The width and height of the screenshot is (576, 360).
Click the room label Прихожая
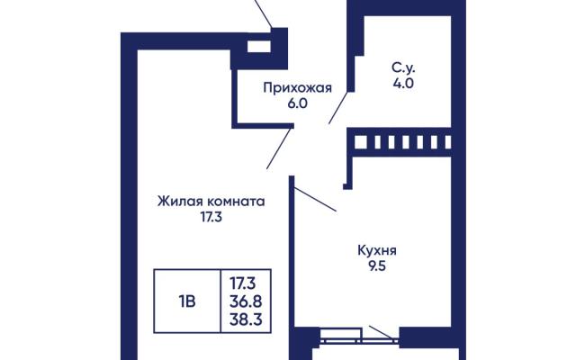[x=298, y=88]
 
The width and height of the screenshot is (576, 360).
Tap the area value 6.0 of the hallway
[x=297, y=103]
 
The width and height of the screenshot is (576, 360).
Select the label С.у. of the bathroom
[x=403, y=68]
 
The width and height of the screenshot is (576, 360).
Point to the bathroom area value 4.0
[x=403, y=84]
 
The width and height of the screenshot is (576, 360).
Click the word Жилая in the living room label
[x=180, y=202]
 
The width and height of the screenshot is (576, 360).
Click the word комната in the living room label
[x=236, y=202]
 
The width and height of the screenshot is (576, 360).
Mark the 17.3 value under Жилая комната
[x=211, y=218]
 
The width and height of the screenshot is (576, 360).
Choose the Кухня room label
[x=377, y=251]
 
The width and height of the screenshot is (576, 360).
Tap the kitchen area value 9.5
[x=377, y=266]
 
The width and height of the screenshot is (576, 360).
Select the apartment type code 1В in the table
[x=187, y=301]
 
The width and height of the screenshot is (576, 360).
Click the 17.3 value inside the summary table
[x=243, y=283]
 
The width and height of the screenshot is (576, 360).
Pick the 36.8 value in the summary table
[x=246, y=301]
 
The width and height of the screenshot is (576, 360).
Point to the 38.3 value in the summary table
[x=246, y=319]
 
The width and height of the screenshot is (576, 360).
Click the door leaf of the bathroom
[x=338, y=108]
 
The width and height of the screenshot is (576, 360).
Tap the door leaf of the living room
[x=280, y=148]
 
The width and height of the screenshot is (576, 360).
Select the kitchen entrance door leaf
[x=315, y=199]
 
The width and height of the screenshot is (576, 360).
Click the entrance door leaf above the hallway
[x=263, y=14]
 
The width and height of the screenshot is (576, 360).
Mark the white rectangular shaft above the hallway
[x=259, y=47]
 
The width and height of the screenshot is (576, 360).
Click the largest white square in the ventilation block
[x=360, y=142]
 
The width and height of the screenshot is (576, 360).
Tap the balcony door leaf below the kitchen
[x=383, y=332]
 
